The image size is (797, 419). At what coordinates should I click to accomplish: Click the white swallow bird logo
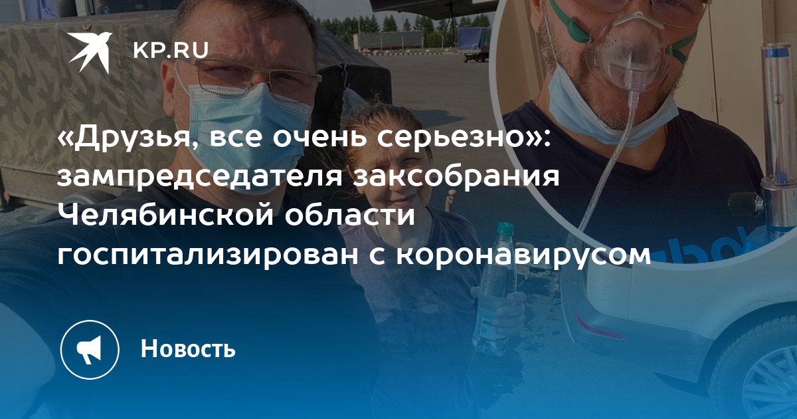pos(89,53)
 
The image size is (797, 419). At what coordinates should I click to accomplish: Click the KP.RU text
pos(171,51)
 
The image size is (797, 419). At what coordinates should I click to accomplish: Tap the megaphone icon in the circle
pos(89,350)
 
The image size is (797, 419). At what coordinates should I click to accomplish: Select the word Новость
pos(188,349)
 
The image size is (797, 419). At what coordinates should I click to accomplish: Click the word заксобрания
pos(456,176)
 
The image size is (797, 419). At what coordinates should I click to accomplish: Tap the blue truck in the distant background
pos(472,42)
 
